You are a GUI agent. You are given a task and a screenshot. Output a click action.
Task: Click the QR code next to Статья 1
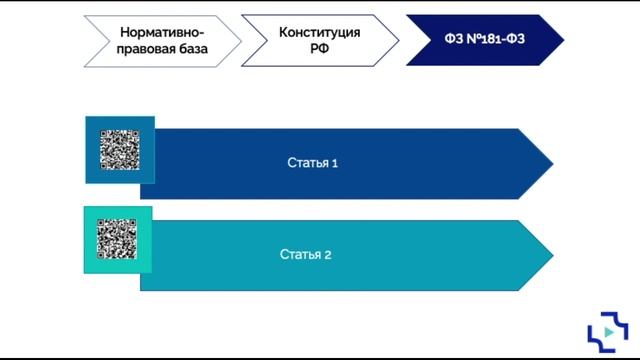click(120, 149)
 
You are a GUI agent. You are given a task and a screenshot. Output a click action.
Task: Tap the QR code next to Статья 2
click(117, 240)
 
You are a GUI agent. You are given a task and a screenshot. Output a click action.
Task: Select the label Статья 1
click(312, 163)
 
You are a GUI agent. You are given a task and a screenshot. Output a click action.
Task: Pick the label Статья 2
click(305, 254)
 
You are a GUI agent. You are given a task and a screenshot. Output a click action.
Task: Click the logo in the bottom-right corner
click(606, 332)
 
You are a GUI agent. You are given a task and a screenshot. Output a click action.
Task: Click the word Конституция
click(319, 31)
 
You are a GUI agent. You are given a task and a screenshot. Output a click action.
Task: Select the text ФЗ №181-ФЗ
click(485, 40)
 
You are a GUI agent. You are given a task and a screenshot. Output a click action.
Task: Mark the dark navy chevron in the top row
click(485, 40)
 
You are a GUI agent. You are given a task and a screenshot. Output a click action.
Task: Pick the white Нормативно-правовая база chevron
click(162, 40)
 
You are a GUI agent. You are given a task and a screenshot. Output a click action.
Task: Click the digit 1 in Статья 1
click(334, 163)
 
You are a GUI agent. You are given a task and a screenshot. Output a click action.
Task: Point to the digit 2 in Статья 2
click(327, 254)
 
